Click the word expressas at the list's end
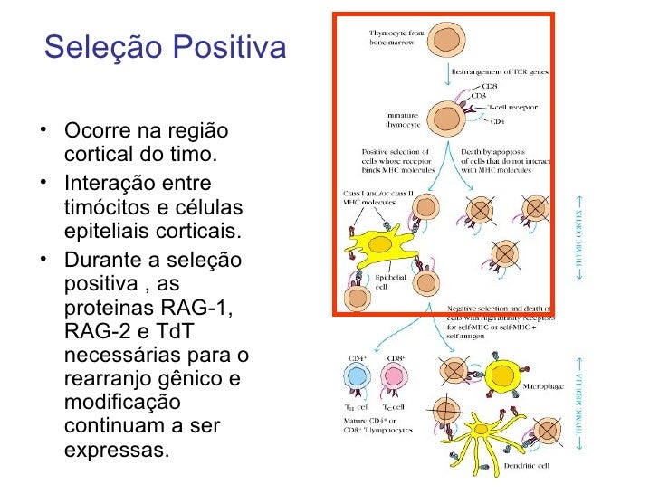tap(117, 448)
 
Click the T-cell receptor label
tap(512, 107)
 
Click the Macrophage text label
tap(543, 386)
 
